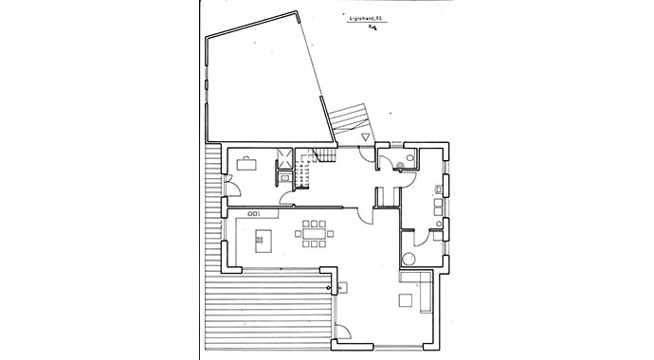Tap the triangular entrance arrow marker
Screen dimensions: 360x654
pos(365,137)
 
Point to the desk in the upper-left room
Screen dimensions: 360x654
pos(245,162)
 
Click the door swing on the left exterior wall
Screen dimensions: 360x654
pos(229,185)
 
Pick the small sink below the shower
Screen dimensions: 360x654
pos(283,175)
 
